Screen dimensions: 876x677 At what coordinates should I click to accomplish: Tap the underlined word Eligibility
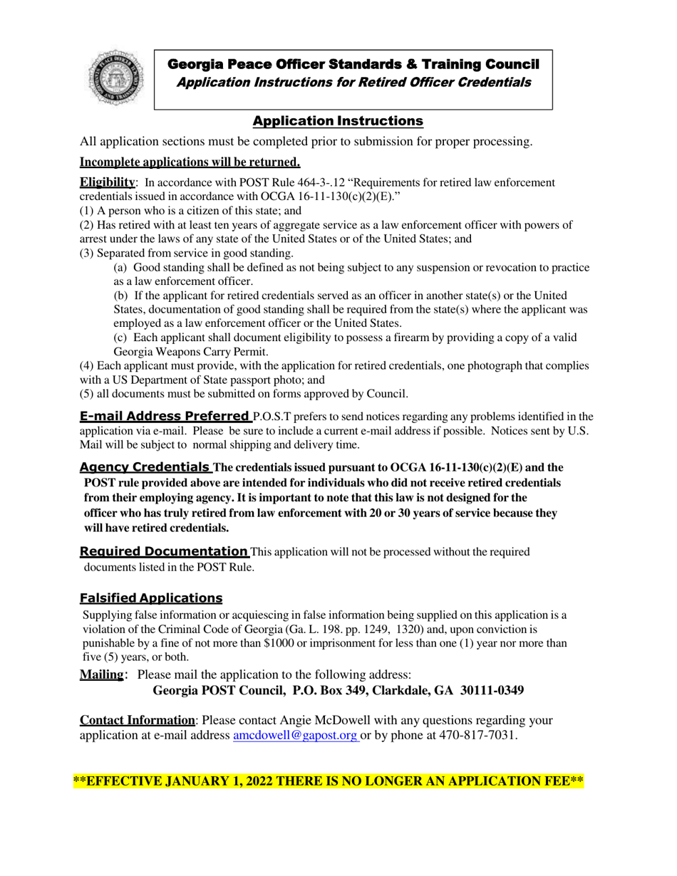click(108, 182)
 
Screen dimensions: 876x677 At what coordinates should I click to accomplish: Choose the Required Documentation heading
click(164, 551)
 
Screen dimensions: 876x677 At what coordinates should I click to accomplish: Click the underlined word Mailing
click(102, 674)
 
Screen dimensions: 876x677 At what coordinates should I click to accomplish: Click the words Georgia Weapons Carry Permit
click(189, 350)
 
